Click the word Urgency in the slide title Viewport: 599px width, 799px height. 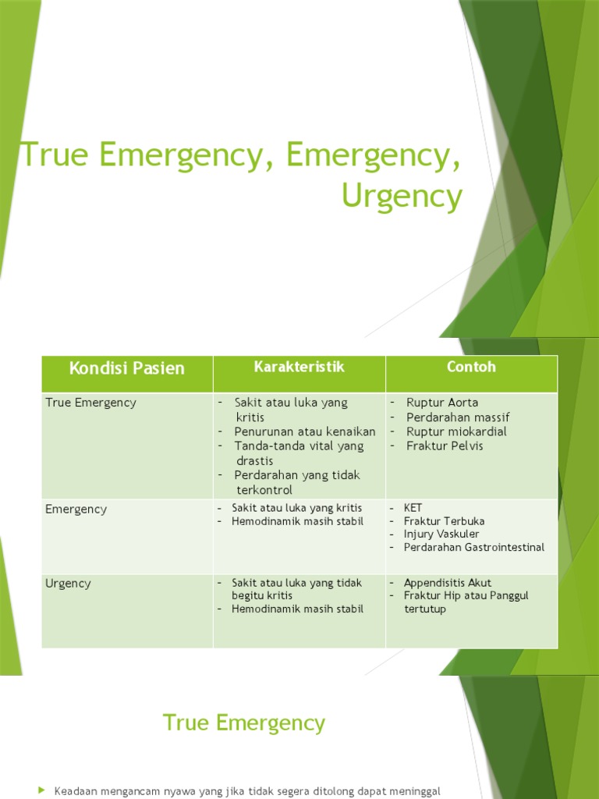pyautogui.click(x=402, y=197)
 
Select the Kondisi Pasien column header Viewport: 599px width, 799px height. pyautogui.click(x=127, y=368)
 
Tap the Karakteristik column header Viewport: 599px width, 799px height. pyautogui.click(x=299, y=367)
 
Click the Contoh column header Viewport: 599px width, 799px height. pyautogui.click(x=471, y=367)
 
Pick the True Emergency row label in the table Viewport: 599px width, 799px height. pyautogui.click(x=90, y=403)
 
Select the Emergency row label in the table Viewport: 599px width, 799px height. pyautogui.click(x=76, y=509)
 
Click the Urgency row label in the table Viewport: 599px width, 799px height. pyautogui.click(x=69, y=583)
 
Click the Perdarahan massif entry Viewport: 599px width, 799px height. pyautogui.click(x=458, y=417)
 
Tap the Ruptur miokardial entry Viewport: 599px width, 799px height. pyautogui.click(x=456, y=431)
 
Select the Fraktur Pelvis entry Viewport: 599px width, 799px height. pyautogui.click(x=445, y=446)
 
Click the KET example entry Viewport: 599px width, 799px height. pyautogui.click(x=413, y=508)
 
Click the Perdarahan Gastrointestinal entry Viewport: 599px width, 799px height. pyautogui.click(x=474, y=548)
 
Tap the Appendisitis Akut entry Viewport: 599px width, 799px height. pyautogui.click(x=448, y=583)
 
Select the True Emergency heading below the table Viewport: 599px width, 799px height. pyautogui.click(x=244, y=723)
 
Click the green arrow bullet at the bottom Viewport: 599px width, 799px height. pyautogui.click(x=42, y=791)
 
